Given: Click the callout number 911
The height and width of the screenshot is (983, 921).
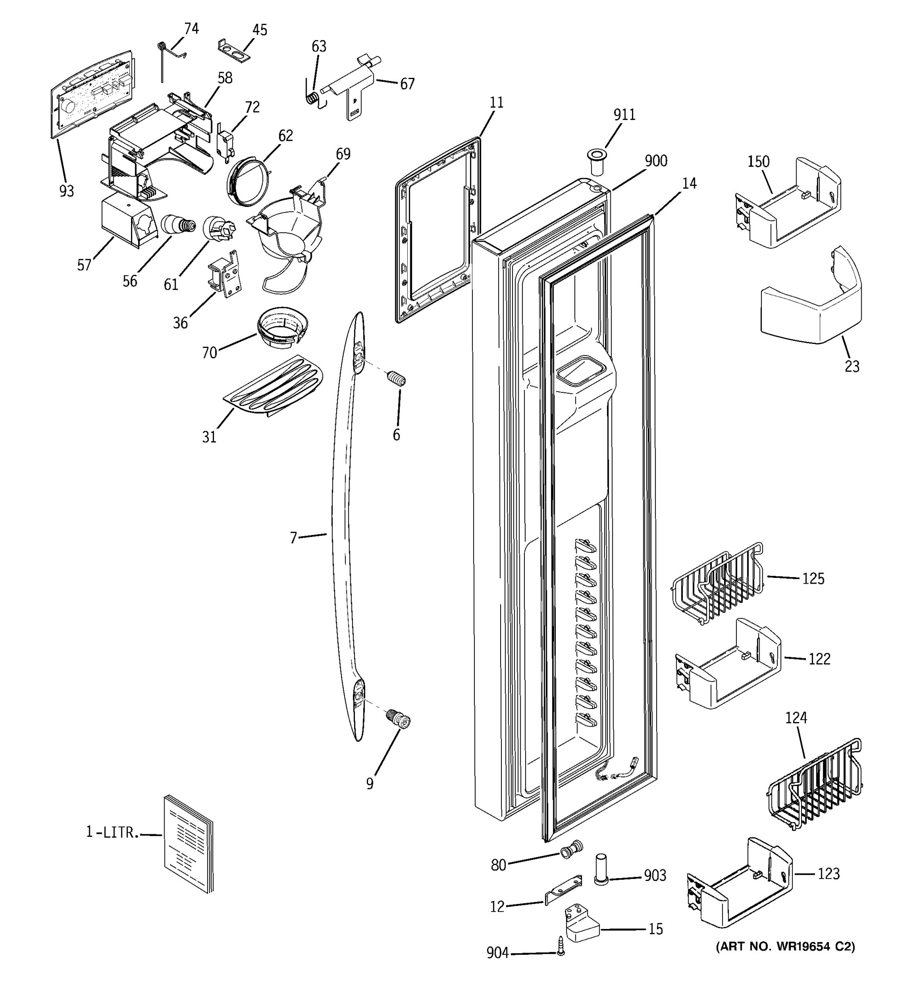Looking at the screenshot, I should tap(624, 115).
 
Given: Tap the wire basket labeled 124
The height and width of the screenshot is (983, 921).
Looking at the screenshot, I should tap(815, 786).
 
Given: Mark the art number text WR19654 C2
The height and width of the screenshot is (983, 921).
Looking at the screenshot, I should tap(785, 947).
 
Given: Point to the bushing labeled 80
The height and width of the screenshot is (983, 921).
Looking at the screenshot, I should tap(571, 850).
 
